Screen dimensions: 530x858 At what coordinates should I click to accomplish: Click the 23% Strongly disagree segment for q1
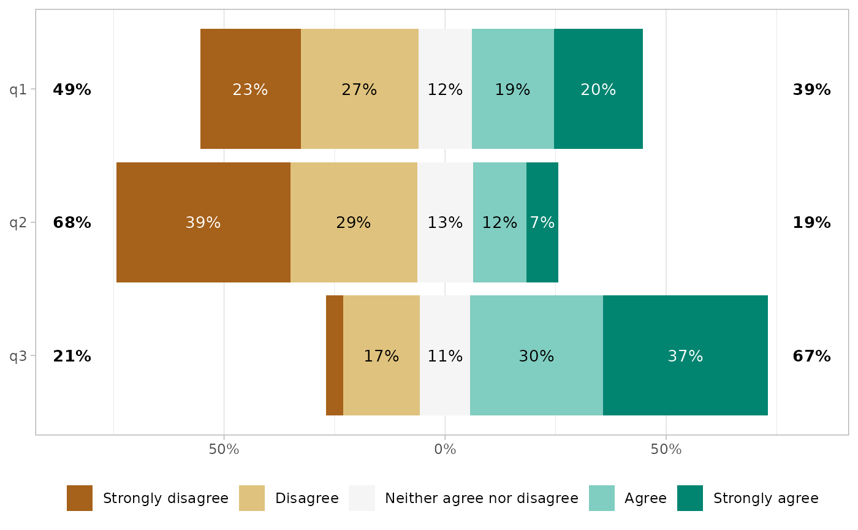click(250, 89)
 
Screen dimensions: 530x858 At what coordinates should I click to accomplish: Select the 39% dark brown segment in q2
click(203, 222)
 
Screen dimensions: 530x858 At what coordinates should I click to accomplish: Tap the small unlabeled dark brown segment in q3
click(335, 355)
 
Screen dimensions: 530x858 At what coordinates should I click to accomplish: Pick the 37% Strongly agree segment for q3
click(685, 355)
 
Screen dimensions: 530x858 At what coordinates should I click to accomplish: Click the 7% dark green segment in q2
click(542, 222)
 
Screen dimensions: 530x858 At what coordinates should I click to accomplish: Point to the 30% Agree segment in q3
click(536, 355)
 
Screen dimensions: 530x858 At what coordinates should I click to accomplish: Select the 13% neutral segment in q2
click(445, 222)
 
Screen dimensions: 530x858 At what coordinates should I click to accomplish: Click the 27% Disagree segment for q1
click(359, 89)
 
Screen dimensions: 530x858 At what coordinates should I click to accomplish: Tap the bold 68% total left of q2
click(72, 223)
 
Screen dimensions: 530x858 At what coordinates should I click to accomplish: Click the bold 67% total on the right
click(811, 356)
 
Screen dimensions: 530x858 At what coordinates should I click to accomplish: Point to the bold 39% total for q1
click(811, 90)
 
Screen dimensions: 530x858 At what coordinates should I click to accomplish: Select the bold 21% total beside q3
click(72, 356)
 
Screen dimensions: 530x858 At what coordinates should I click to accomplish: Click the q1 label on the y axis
click(18, 90)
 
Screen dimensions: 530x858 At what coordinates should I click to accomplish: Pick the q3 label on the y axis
click(18, 356)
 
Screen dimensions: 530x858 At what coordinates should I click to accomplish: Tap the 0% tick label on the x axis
click(445, 449)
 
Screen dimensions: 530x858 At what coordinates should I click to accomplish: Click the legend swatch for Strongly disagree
click(80, 498)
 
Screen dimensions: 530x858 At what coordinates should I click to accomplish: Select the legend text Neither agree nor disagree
click(481, 498)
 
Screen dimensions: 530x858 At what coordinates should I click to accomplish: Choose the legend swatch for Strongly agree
click(690, 498)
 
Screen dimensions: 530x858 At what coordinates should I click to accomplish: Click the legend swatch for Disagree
click(252, 498)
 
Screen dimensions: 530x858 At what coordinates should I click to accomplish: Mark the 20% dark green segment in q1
click(598, 89)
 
